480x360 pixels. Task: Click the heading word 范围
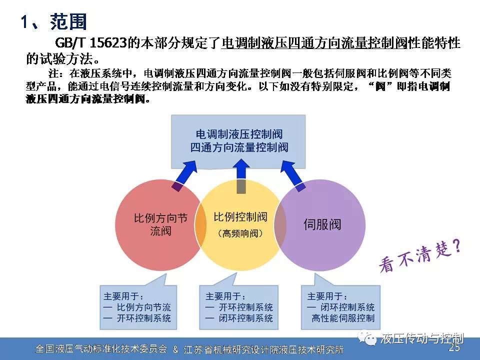[68, 21]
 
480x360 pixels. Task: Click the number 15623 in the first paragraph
[108, 43]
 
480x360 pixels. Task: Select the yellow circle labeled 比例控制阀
[240, 225]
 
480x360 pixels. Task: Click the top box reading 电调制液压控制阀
[238, 141]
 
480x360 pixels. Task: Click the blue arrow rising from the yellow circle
[241, 176]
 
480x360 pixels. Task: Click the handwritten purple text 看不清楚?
[420, 256]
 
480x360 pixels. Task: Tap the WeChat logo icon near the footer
[368, 338]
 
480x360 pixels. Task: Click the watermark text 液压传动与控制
[422, 338]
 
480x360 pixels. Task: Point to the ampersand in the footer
[175, 349]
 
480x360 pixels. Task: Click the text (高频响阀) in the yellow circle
[240, 233]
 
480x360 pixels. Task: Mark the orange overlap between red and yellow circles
[200, 225]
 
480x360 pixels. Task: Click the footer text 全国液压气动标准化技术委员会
[101, 348]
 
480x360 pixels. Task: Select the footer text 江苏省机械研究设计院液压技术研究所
[263, 349]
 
